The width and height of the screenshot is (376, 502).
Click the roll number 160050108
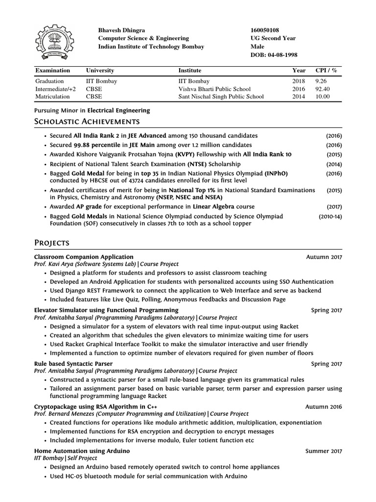click(x=265, y=30)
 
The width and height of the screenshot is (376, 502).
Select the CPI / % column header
click(x=327, y=71)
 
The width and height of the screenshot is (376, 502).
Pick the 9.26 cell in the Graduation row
click(x=321, y=81)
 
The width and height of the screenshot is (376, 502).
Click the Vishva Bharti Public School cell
click(x=214, y=89)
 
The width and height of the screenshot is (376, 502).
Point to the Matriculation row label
click(x=51, y=97)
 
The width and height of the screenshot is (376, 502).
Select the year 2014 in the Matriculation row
click(x=299, y=97)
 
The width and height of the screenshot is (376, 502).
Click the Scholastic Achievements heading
click(x=87, y=121)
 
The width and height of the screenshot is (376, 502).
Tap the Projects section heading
click(x=51, y=243)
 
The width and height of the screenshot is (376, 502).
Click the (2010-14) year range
click(x=330, y=216)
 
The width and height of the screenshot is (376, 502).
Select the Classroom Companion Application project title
click(x=84, y=256)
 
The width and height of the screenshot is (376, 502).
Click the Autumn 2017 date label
click(x=324, y=257)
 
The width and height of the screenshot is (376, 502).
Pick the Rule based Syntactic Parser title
click(x=73, y=364)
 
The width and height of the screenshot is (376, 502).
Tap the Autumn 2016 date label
click(x=324, y=406)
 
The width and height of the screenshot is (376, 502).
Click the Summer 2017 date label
click(x=324, y=451)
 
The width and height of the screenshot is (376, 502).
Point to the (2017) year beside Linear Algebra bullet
click(x=334, y=207)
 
